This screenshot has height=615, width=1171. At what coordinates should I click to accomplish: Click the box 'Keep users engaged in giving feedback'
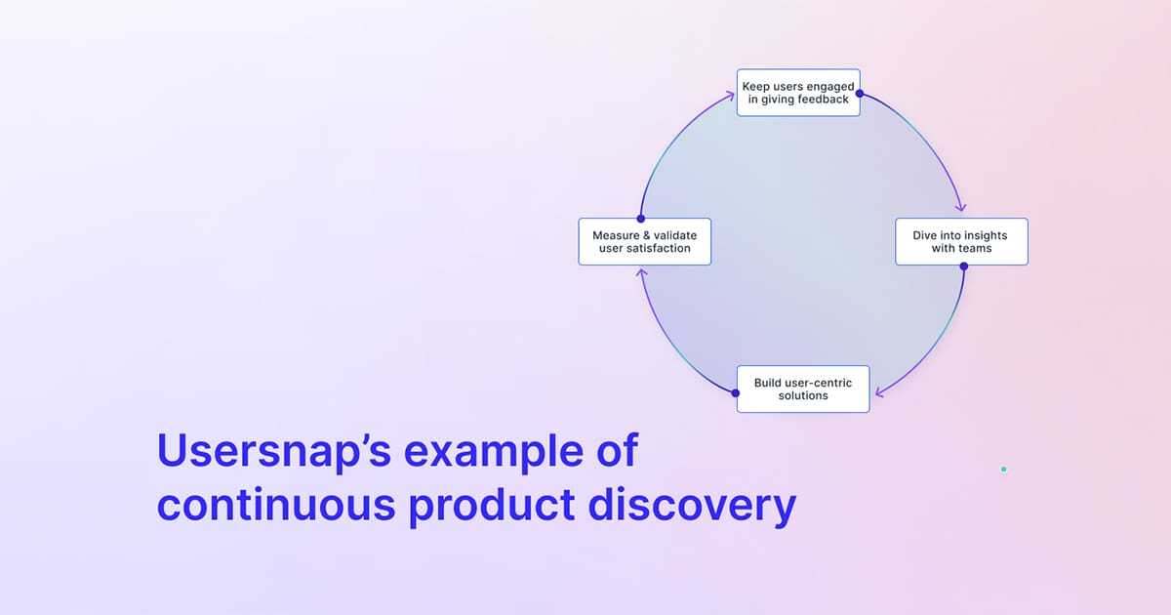(x=797, y=93)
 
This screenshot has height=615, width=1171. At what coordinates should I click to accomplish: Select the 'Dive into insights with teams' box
(x=961, y=241)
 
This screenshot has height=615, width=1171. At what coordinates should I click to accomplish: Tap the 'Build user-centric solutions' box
(x=802, y=389)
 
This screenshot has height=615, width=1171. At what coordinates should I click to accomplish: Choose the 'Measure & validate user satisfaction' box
(x=644, y=241)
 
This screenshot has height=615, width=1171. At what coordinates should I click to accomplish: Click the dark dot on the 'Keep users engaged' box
(x=859, y=94)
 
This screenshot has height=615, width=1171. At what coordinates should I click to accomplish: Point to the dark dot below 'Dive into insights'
(x=963, y=266)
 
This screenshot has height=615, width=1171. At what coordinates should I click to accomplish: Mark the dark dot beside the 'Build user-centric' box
(x=736, y=392)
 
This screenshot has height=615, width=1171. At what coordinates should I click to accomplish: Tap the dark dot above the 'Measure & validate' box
(x=640, y=219)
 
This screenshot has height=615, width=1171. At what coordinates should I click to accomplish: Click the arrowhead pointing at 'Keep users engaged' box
(x=730, y=95)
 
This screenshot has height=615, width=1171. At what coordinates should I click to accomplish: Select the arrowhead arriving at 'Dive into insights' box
(x=961, y=207)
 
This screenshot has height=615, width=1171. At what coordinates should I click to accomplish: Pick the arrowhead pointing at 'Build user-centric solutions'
(x=878, y=393)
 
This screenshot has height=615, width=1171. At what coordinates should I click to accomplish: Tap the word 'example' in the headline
(x=484, y=452)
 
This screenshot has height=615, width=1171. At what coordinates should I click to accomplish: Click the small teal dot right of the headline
(x=1003, y=470)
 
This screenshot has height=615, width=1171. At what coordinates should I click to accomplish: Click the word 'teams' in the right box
(x=974, y=248)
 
